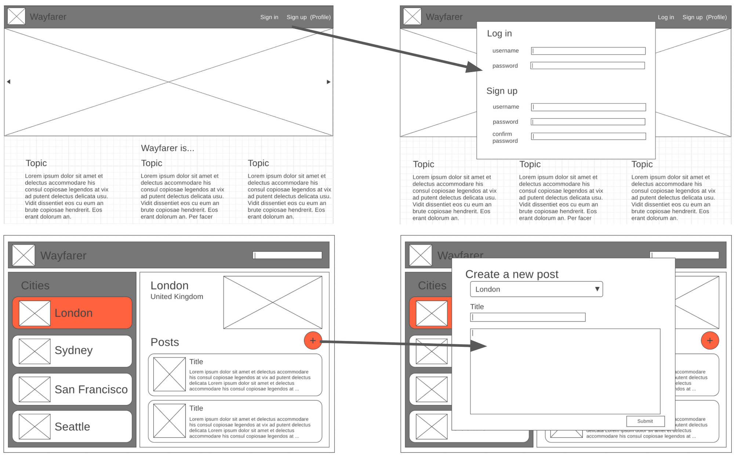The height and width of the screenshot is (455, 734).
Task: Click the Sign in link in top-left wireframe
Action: click(269, 17)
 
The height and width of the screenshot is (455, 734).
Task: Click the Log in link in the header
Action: click(665, 17)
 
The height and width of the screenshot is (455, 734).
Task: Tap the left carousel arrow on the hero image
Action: click(8, 82)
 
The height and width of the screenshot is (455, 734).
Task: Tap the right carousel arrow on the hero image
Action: click(328, 82)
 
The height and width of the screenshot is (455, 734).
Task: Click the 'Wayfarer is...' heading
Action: click(167, 148)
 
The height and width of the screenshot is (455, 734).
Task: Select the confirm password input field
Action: click(588, 136)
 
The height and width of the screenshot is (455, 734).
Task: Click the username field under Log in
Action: click(588, 51)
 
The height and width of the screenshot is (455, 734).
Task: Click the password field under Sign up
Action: click(588, 122)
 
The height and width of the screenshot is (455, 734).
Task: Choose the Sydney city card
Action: click(72, 351)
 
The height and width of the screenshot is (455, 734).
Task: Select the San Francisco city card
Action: click(72, 389)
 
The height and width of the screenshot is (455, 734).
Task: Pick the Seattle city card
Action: click(72, 426)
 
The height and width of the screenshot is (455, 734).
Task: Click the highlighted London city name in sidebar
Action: click(73, 313)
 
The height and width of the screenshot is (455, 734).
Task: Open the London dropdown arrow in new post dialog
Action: click(597, 289)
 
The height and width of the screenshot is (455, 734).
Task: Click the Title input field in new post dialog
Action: click(527, 317)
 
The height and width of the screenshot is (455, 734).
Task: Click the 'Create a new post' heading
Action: click(512, 274)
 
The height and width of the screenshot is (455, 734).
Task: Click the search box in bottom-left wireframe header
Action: click(287, 255)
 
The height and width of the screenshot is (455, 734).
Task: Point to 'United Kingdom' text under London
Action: click(177, 297)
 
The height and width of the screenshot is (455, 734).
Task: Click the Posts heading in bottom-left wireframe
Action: click(164, 342)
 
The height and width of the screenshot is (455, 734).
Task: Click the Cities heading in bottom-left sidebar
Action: click(35, 285)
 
